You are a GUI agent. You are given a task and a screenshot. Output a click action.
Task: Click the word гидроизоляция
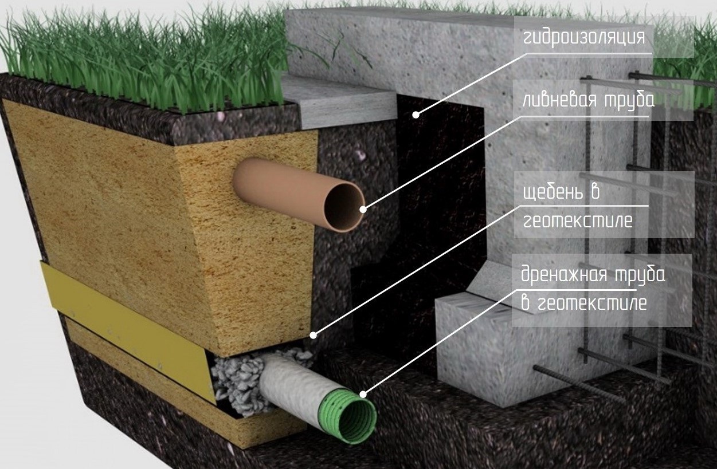tap(584, 37)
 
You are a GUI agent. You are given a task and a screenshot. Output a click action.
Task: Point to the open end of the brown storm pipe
tap(344, 207)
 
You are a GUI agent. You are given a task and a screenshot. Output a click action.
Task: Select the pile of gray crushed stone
tap(238, 378)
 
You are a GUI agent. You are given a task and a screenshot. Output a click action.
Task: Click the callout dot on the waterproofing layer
tap(416, 115)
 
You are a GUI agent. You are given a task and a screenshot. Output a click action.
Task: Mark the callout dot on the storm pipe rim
tap(363, 210)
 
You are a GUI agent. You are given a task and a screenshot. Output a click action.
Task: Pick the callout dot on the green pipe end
tap(363, 394)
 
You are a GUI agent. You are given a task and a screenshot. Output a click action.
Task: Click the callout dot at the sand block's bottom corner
tap(313, 334)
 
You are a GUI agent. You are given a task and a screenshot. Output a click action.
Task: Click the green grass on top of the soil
tap(143, 63)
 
